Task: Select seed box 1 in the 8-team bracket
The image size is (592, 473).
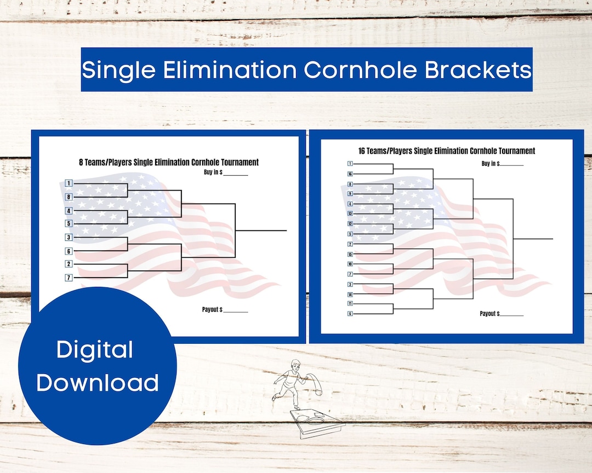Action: (69, 183)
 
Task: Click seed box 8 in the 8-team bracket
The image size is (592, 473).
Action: (69, 197)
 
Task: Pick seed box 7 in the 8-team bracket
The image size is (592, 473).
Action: (69, 278)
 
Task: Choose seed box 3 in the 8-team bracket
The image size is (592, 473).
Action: (69, 238)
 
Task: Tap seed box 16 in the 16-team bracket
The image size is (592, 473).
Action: (350, 174)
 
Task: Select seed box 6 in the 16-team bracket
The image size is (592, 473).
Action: (350, 314)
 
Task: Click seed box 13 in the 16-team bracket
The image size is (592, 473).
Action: (350, 214)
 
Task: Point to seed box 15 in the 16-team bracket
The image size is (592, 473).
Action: (350, 254)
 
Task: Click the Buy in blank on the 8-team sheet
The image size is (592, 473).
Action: (236, 174)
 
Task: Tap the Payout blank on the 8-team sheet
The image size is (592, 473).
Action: (236, 312)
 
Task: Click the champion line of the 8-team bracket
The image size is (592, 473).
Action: (261, 230)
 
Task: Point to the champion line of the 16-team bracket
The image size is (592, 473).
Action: (533, 239)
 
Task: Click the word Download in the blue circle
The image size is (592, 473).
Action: (98, 382)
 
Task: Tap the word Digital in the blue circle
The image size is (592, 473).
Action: (95, 350)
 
